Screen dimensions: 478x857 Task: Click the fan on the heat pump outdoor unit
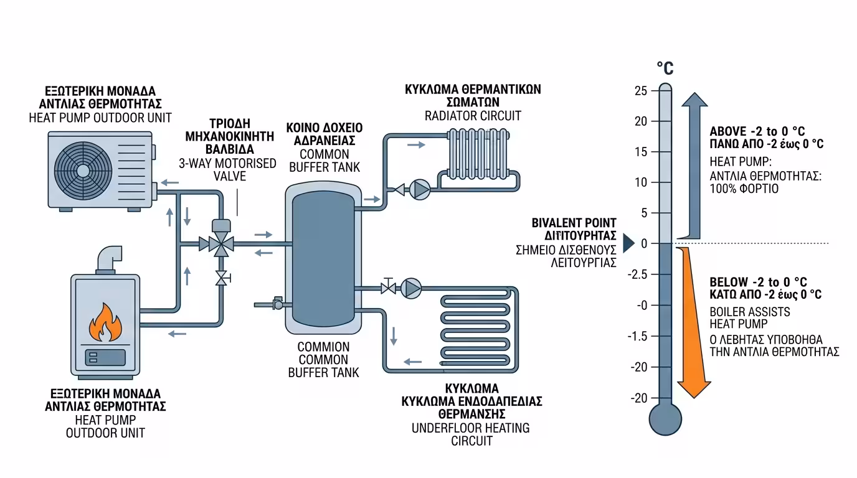(x=82, y=169)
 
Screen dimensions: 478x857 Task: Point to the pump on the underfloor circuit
(x=411, y=288)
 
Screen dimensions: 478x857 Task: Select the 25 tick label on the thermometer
(x=642, y=91)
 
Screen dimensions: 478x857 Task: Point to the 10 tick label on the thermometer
(x=642, y=182)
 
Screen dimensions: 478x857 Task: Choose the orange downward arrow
(x=693, y=324)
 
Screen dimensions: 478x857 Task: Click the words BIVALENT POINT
(x=574, y=223)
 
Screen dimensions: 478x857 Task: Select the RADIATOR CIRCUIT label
(x=473, y=116)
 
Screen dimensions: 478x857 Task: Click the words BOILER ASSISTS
(x=749, y=311)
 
